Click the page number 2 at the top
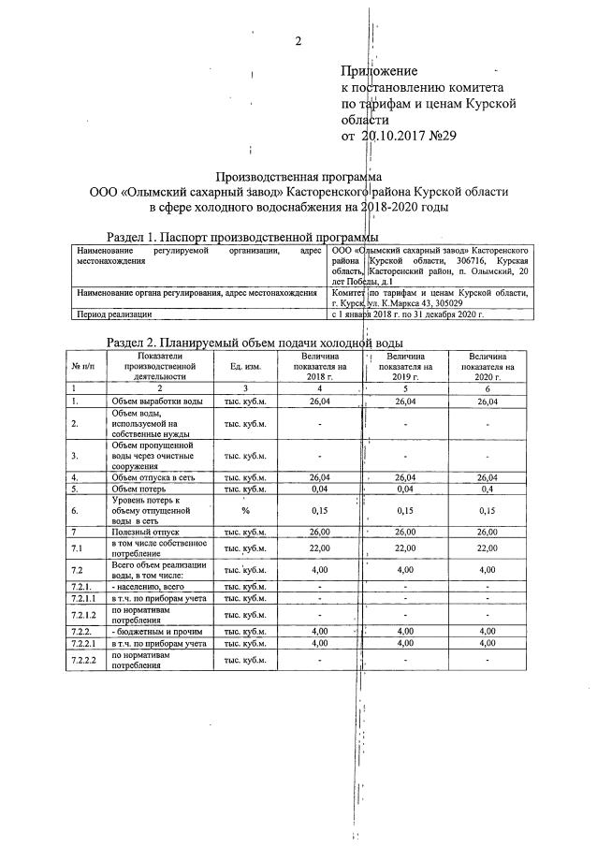click(298, 40)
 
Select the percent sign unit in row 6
click(245, 511)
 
